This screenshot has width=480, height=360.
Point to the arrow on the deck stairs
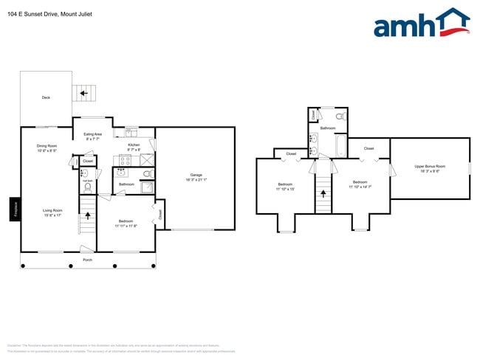(83, 93)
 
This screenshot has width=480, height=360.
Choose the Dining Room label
(47, 147)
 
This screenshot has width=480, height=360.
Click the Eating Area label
(93, 135)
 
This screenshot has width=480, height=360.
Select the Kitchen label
(133, 146)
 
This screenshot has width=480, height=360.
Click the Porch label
(87, 260)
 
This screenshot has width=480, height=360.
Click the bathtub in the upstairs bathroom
(340, 147)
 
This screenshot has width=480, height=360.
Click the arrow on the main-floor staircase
(88, 216)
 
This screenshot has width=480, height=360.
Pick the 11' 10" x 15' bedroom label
(286, 187)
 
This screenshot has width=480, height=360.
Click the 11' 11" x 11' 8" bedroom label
(126, 223)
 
